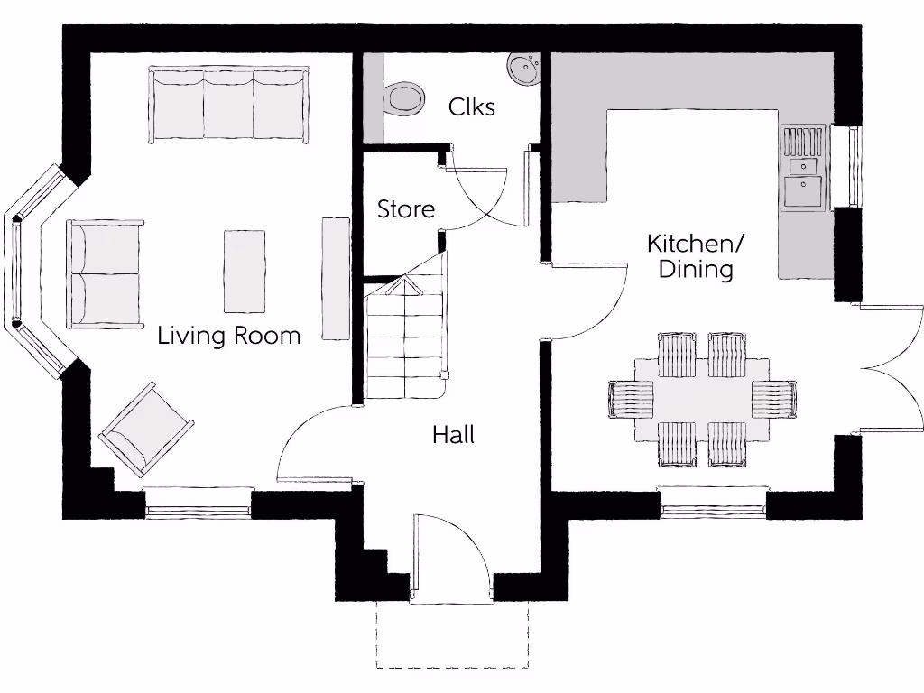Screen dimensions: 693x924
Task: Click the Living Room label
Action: click(x=228, y=336)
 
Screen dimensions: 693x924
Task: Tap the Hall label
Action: click(x=453, y=435)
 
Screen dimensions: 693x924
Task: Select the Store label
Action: click(x=405, y=209)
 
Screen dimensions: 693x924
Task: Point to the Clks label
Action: click(x=472, y=107)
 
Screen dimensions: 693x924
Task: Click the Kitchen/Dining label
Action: click(x=696, y=256)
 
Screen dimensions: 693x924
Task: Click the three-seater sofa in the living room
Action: click(x=229, y=104)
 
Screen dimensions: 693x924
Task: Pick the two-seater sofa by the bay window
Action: click(x=105, y=273)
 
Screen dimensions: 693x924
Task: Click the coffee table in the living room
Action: click(x=244, y=271)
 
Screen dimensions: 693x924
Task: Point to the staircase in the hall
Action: click(x=405, y=338)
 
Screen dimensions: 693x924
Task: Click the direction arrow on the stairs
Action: click(x=405, y=287)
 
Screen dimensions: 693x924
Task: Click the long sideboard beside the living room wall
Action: click(x=336, y=278)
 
